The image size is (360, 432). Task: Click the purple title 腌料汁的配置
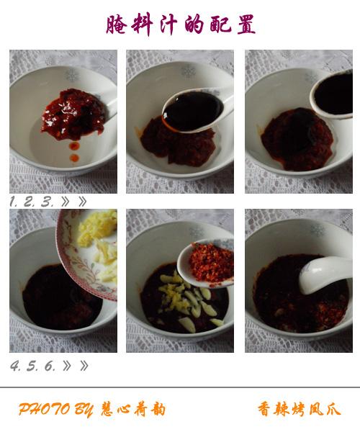point(181,24)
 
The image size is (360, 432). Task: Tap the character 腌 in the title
point(116,24)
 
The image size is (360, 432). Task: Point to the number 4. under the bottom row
point(15,366)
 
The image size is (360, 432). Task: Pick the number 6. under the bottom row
point(50,366)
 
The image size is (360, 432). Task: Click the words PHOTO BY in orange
point(56,410)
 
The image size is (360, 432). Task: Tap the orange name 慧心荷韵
point(133,409)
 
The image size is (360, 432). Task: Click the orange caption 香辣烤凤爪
point(300,409)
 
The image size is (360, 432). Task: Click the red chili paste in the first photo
point(74,114)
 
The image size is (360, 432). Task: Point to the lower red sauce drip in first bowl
point(74,158)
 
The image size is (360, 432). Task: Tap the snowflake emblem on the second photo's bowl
point(188,71)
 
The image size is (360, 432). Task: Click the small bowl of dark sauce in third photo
point(332,94)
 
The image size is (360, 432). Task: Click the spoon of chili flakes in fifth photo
point(206,263)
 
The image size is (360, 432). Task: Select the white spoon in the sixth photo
point(325,274)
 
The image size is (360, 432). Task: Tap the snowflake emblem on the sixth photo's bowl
point(318,231)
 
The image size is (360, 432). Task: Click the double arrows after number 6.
point(76,366)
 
